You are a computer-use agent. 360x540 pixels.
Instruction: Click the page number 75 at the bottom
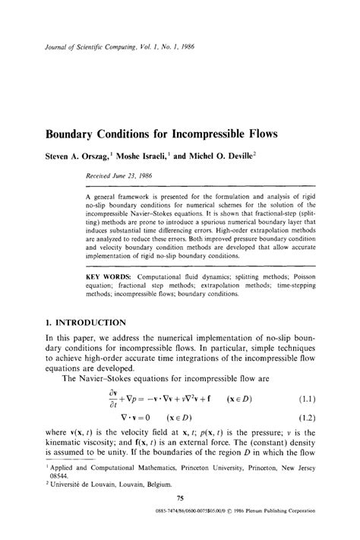tap(180, 518)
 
